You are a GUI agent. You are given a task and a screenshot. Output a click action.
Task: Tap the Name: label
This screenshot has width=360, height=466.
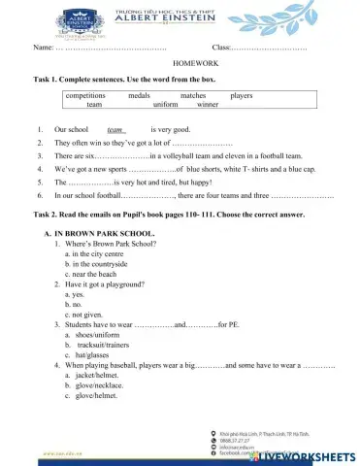pyautogui.click(x=44, y=48)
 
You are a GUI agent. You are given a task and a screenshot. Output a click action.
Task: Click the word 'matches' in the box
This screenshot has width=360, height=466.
pyautogui.click(x=193, y=96)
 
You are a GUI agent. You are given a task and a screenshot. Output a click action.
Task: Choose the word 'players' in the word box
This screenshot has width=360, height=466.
pyautogui.click(x=242, y=96)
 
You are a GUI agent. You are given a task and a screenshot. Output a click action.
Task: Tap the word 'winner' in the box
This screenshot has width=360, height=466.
pyautogui.click(x=208, y=105)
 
